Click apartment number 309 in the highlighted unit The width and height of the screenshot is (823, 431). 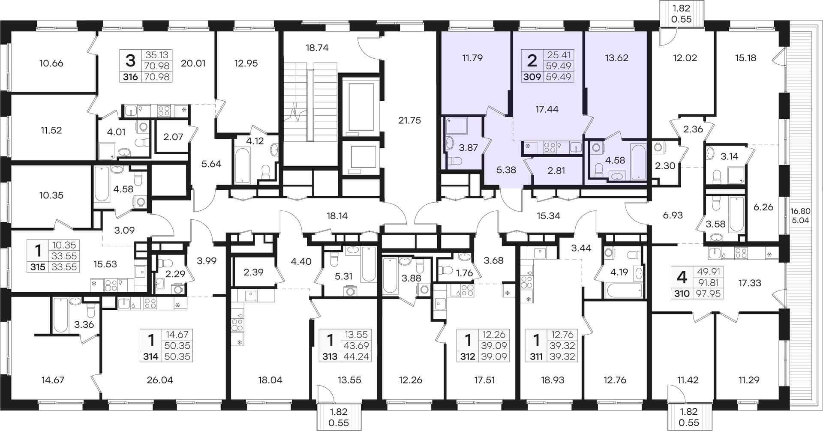[532, 77]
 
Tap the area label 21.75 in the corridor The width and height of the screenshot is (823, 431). [409, 120]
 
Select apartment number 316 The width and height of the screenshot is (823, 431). [130, 77]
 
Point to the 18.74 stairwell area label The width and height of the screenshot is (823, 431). [317, 48]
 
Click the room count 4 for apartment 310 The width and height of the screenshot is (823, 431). [682, 277]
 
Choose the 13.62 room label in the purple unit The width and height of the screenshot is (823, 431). [616, 58]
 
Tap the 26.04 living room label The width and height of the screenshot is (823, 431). [159, 380]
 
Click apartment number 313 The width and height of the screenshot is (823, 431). [330, 356]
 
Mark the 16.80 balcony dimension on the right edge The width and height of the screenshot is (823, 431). [800, 211]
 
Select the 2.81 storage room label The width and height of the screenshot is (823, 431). [556, 171]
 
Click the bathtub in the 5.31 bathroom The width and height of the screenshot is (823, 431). [369, 264]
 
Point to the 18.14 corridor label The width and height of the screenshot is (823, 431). [337, 216]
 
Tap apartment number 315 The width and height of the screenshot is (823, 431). [38, 267]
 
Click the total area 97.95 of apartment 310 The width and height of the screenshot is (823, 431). [709, 294]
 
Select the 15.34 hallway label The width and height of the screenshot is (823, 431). [549, 216]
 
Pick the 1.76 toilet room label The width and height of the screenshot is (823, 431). [464, 273]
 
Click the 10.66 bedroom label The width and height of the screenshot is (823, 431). [51, 63]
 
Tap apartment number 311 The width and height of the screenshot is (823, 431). [536, 356]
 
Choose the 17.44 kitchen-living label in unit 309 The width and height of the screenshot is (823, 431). [547, 109]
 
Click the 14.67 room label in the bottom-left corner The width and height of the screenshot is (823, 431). [53, 380]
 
